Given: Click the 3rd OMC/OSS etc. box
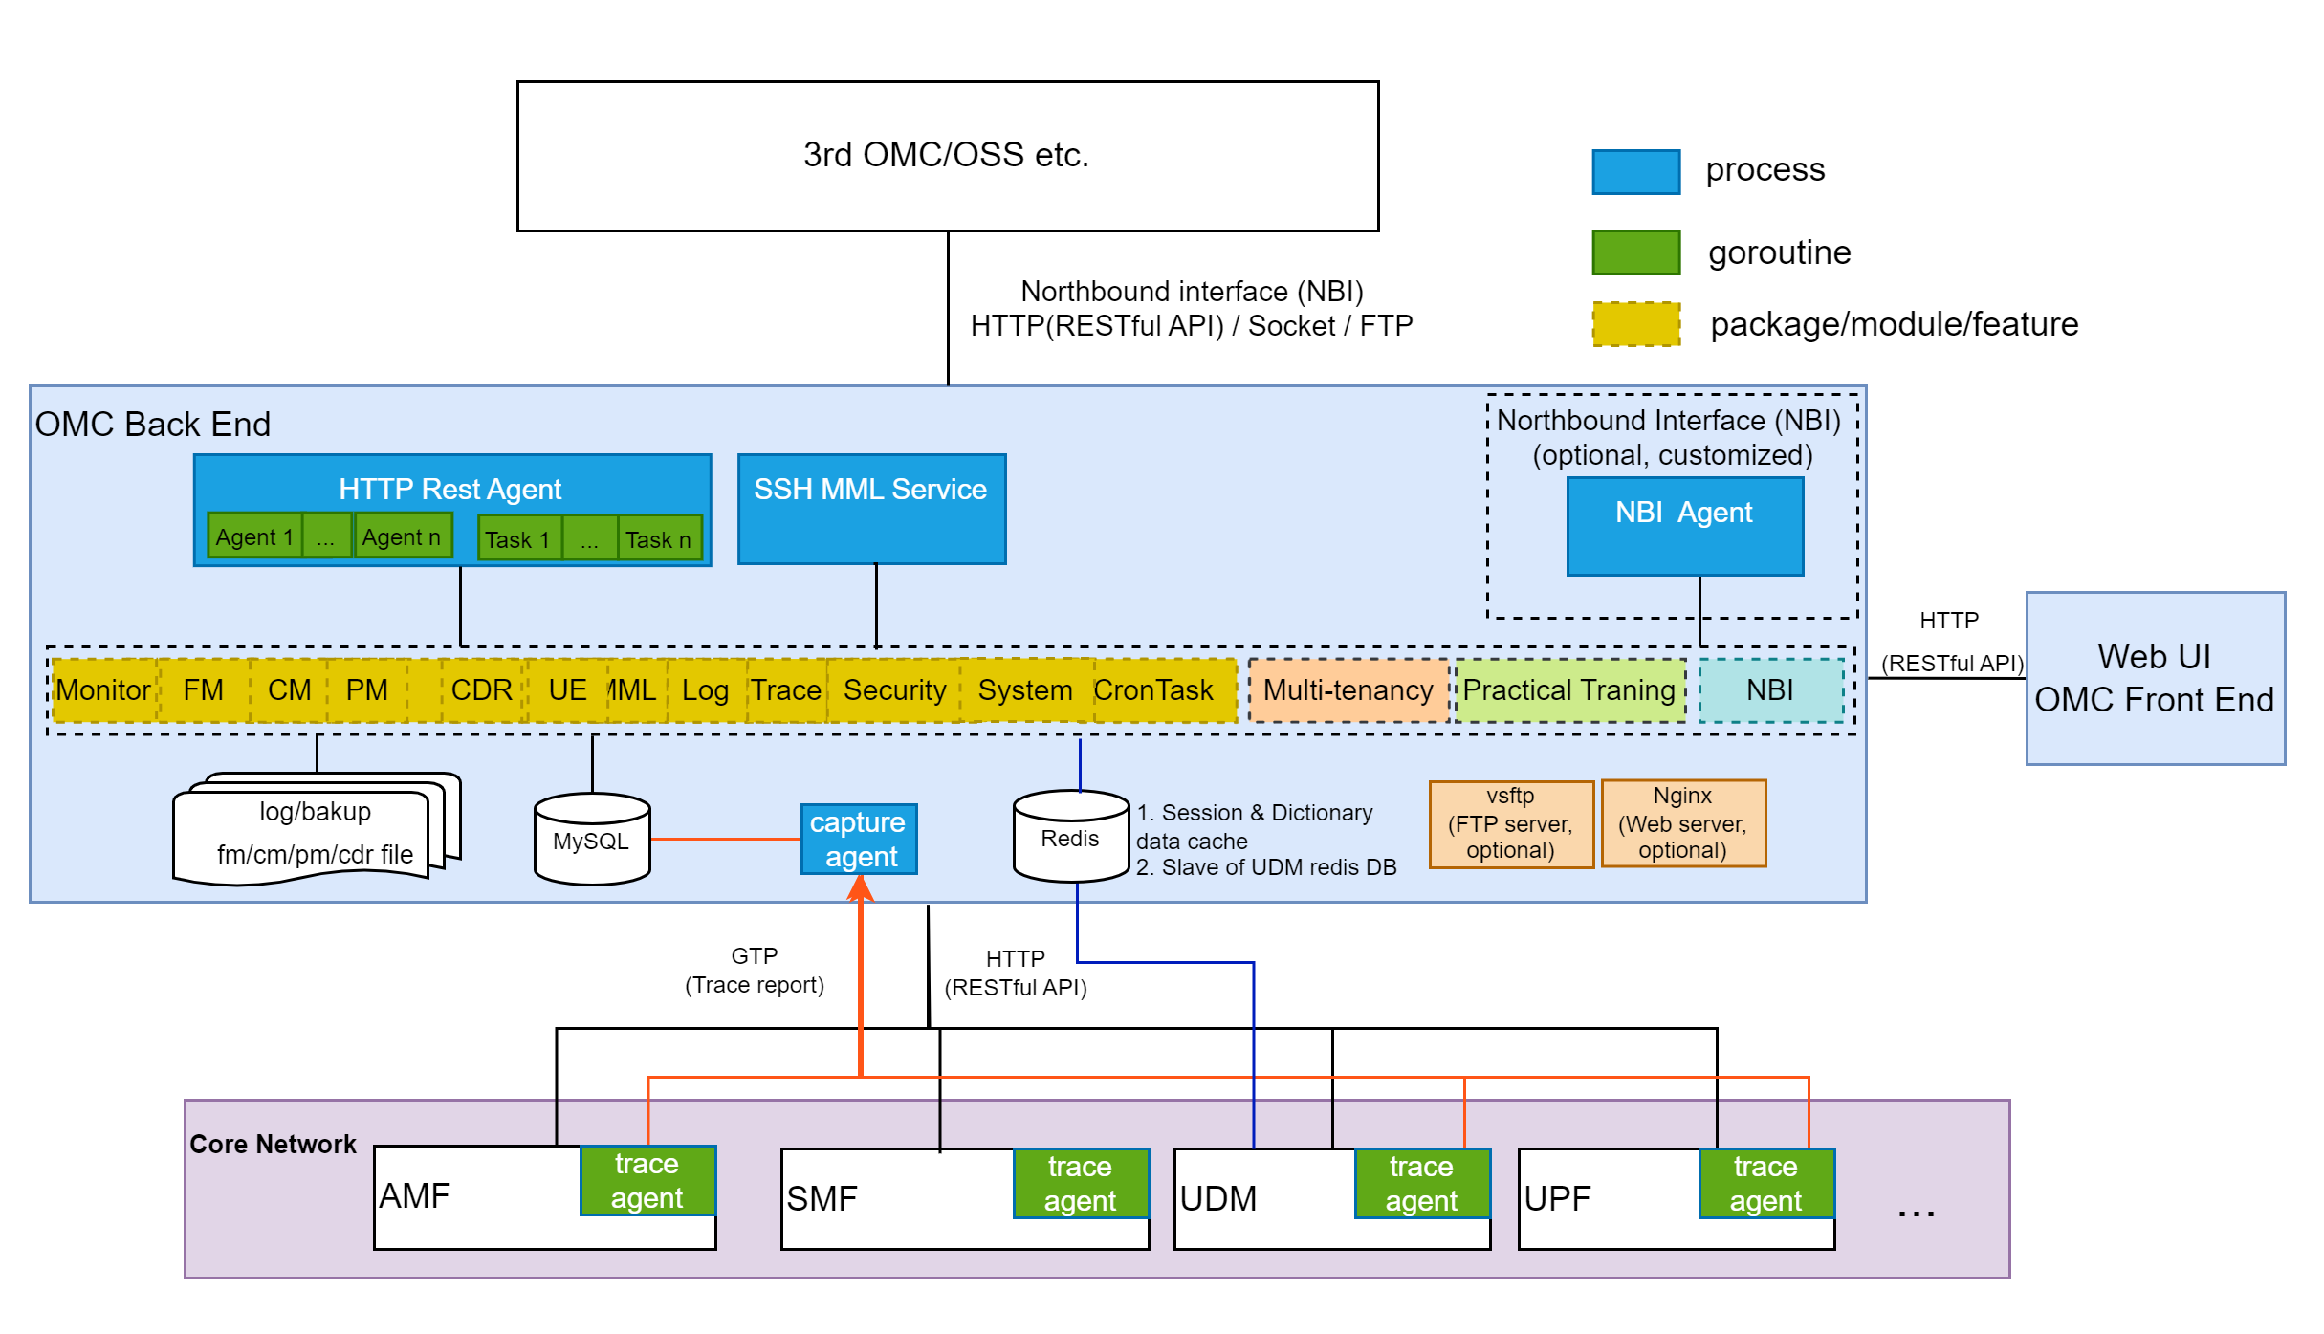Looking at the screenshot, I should [x=947, y=156].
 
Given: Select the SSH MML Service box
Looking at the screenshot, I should [x=871, y=509].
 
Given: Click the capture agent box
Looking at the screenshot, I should [x=858, y=839].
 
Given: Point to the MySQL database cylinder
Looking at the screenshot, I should [x=592, y=839].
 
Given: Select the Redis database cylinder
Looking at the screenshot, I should [x=1070, y=836].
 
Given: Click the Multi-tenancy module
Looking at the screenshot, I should [x=1348, y=690].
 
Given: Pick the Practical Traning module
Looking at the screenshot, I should [x=1568, y=690].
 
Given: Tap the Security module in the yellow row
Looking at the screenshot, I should [x=894, y=690].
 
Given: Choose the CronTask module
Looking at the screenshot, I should [x=1153, y=690].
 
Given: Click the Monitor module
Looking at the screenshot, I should [x=102, y=690].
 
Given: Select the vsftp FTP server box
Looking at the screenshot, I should [x=1510, y=823].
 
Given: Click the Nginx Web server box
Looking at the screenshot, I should [x=1682, y=823].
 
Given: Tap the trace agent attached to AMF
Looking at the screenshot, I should [x=647, y=1180].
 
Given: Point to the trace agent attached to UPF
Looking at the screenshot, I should [x=1765, y=1183].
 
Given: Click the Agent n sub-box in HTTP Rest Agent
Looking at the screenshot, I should [x=402, y=536].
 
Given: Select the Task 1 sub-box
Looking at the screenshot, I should [x=518, y=539].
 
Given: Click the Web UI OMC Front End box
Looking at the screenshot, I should [x=2155, y=678].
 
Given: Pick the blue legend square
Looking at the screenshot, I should [x=1635, y=172].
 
